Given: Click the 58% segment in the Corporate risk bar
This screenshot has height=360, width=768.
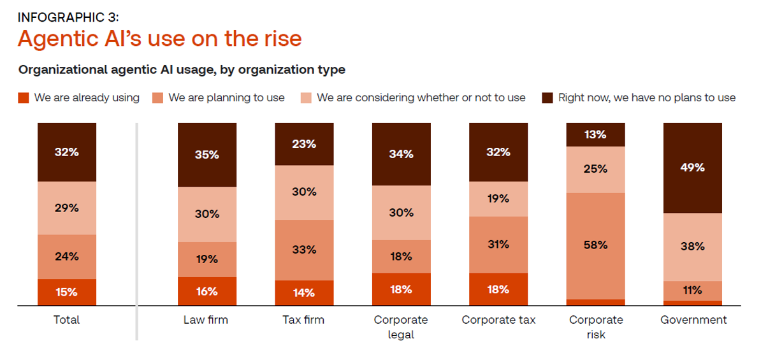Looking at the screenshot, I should [x=595, y=245].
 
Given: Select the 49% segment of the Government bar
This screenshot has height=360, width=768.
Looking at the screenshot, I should [x=692, y=168].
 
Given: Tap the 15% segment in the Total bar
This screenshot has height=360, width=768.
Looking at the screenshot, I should [x=67, y=292].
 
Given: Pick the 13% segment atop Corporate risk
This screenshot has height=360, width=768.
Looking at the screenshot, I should [x=595, y=134].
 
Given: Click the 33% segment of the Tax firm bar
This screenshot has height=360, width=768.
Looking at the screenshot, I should [x=304, y=250].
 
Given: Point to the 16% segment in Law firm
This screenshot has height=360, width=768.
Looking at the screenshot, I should [x=206, y=291].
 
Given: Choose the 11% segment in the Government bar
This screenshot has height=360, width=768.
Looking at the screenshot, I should [x=692, y=291].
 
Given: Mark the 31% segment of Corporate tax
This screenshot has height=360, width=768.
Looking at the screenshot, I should [x=498, y=245].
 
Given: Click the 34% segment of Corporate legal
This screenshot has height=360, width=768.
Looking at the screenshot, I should [x=401, y=154].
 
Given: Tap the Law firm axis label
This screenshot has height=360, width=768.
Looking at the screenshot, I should [x=205, y=320].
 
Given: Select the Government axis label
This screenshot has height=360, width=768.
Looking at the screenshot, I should [x=693, y=320].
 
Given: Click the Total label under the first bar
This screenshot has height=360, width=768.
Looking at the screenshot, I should [x=67, y=320].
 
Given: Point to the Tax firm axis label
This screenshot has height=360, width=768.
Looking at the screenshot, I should [x=303, y=320].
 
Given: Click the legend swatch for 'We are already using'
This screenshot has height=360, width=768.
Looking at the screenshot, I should [x=24, y=98].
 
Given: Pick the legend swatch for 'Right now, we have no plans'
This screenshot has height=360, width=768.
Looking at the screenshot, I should [x=547, y=98].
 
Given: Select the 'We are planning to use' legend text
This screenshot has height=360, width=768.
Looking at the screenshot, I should [x=226, y=98].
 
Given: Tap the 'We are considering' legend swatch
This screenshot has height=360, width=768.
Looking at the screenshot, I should [x=305, y=98].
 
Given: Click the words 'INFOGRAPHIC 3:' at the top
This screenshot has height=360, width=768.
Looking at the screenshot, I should [x=68, y=17].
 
